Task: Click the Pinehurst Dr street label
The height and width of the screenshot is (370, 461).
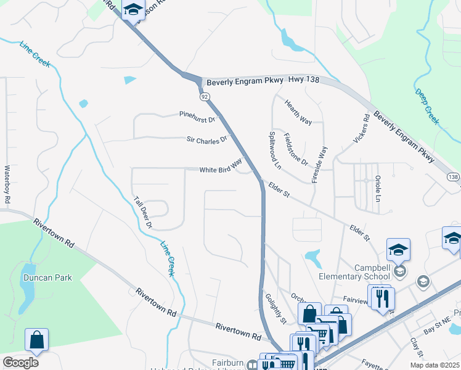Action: click(x=197, y=115)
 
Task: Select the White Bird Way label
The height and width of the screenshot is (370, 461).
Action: click(x=220, y=170)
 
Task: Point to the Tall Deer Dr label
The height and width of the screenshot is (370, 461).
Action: click(x=144, y=213)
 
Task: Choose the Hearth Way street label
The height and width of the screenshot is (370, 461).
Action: click(x=298, y=113)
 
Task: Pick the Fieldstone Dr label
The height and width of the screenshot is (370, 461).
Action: click(x=295, y=149)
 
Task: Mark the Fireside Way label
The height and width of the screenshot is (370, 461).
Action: click(x=320, y=162)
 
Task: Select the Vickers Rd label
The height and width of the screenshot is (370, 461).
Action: click(x=361, y=129)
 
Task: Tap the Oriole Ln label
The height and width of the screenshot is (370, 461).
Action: click(x=377, y=189)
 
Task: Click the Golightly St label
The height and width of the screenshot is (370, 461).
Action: click(x=275, y=308)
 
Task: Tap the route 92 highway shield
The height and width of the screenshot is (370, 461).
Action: click(x=204, y=97)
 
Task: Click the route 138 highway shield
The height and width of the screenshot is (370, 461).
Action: click(x=453, y=177)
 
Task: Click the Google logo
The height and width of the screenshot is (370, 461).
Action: click(x=20, y=363)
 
